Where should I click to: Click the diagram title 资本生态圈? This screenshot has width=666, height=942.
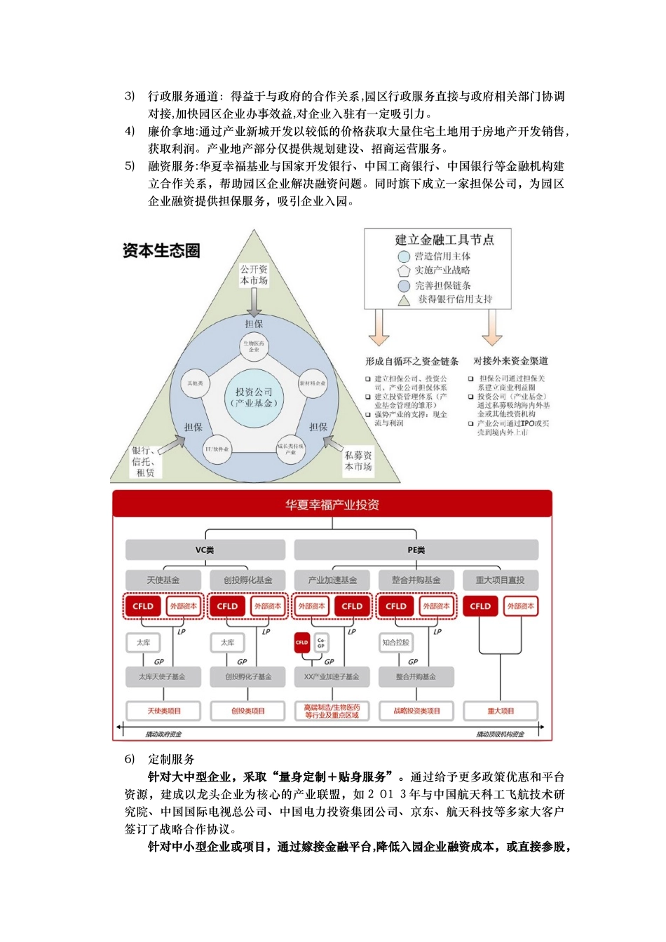tap(161, 250)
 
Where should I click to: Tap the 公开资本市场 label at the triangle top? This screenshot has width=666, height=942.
tap(254, 274)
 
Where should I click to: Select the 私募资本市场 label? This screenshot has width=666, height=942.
tap(358, 460)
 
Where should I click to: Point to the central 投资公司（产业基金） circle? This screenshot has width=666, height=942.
tap(254, 397)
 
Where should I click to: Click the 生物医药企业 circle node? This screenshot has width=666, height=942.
tap(254, 346)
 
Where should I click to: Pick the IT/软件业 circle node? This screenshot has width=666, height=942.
tap(217, 449)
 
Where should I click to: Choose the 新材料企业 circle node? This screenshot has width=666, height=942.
tap(313, 383)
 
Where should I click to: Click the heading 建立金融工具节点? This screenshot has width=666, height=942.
tap(444, 240)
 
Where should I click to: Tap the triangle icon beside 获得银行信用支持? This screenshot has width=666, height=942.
tap(404, 300)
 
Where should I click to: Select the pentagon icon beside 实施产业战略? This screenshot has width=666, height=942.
tap(404, 271)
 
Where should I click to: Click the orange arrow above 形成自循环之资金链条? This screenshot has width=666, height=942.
tap(379, 327)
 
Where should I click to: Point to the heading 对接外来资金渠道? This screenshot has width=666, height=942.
tap(510, 361)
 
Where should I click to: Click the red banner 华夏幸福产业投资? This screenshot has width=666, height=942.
tap(332, 505)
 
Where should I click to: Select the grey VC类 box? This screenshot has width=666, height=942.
tap(205, 550)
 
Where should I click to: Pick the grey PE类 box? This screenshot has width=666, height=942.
tap(416, 550)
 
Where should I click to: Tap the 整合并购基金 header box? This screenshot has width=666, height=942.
tap(416, 580)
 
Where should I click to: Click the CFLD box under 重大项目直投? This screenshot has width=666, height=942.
tap(480, 606)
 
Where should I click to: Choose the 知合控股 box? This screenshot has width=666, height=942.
tap(396, 642)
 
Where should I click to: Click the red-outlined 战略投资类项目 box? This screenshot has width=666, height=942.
tap(416, 711)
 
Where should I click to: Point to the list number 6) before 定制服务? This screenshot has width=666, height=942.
tap(130, 759)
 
